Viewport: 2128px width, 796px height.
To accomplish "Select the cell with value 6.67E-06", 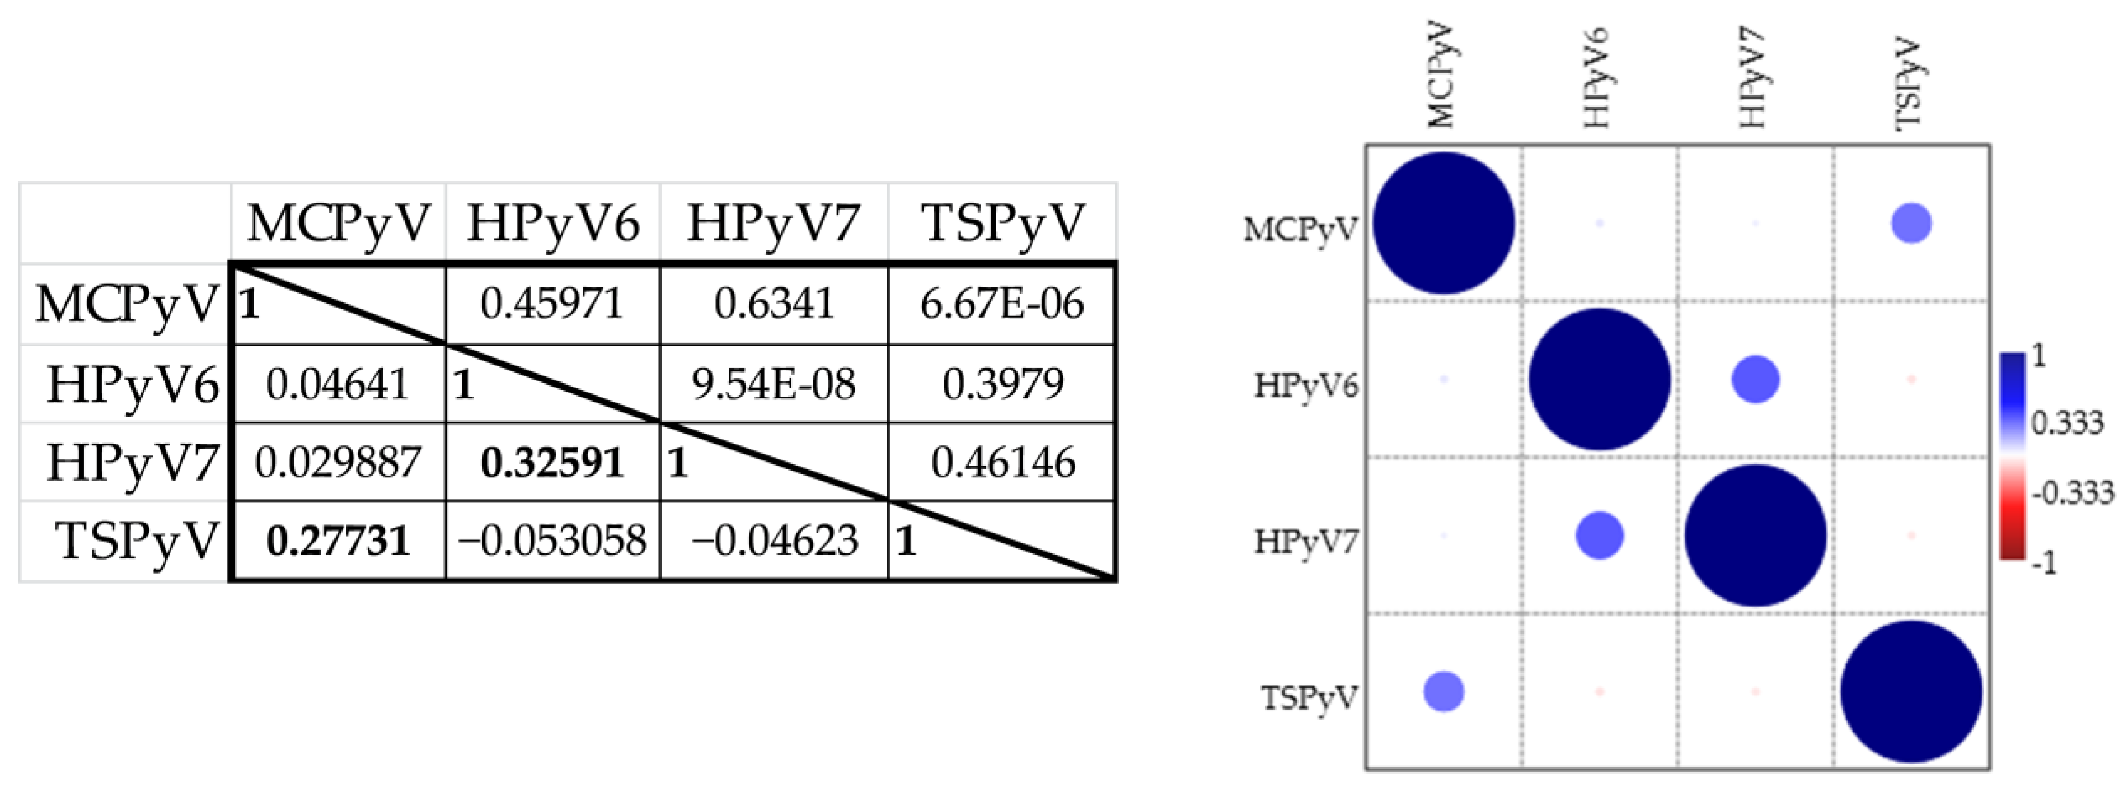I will tap(1001, 304).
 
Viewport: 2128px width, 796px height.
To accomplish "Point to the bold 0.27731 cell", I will tap(338, 541).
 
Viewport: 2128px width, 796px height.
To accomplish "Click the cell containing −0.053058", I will tap(552, 541).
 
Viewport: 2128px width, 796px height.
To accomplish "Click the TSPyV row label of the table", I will tap(137, 541).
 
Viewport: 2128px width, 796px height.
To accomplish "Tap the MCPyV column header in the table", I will tap(339, 223).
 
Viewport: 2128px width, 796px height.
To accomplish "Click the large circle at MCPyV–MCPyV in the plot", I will tap(1443, 223).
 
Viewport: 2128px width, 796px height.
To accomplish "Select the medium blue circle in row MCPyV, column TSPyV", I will tap(1911, 223).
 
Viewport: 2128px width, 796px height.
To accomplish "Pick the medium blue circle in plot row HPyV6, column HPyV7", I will tap(1755, 379).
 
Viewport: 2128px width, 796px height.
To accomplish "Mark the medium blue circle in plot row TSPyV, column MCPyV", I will tap(1443, 692).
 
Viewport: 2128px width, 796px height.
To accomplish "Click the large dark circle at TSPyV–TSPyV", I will tap(1911, 692).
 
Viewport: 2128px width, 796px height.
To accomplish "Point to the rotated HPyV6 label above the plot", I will tap(1597, 78).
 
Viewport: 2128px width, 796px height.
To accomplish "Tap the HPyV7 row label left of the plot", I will tap(1305, 542).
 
